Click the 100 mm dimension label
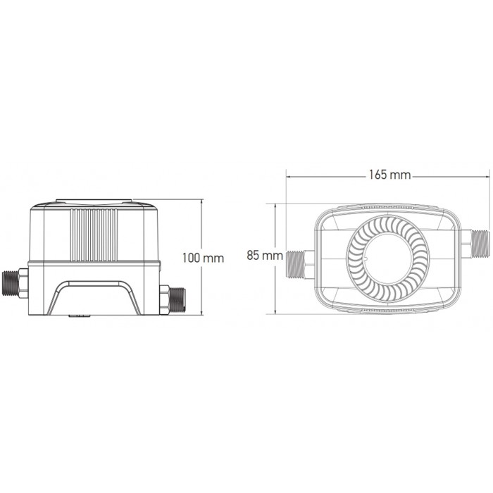coord(203,258)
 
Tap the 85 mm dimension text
coord(265,255)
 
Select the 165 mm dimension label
coord(389,175)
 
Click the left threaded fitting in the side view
coord(15,283)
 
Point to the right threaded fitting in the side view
coord(173,299)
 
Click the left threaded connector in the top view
coord(300,264)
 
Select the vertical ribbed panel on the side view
coord(94,235)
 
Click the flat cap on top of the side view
coord(94,201)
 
